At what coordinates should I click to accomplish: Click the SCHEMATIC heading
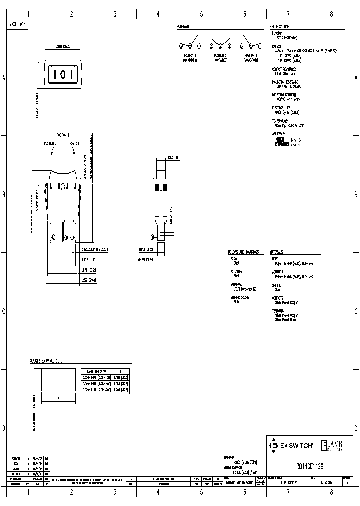[x=184, y=26]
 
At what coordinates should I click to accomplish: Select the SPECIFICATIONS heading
[x=280, y=26]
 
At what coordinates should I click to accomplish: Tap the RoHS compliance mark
[x=296, y=128]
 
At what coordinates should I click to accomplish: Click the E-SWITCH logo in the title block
[x=291, y=444]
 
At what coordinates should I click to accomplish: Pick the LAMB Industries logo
[x=332, y=444]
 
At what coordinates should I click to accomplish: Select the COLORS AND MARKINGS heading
[x=242, y=252]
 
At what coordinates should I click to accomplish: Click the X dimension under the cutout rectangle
[x=59, y=399]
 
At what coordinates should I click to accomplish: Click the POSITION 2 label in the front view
[x=62, y=135]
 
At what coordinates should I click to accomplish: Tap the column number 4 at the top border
[x=158, y=14]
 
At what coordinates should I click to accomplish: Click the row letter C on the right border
[x=356, y=311]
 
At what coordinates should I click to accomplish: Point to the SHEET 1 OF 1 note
[x=18, y=24]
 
